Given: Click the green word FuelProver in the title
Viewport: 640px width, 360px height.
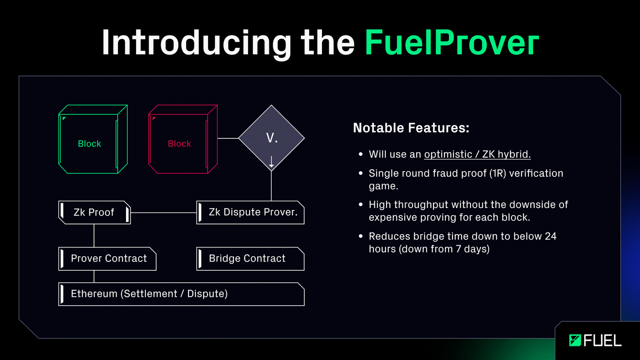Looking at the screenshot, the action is [452, 42].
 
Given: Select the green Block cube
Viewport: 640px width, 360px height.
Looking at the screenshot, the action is [93, 139].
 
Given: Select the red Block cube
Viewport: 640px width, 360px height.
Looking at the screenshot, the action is [183, 139].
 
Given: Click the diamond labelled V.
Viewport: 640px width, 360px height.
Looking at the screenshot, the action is [272, 138].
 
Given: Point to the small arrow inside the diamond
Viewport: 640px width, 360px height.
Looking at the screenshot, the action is [272, 162].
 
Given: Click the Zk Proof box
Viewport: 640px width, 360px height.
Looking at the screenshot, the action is [94, 212].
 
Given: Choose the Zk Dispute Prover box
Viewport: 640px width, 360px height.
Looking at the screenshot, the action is [250, 212].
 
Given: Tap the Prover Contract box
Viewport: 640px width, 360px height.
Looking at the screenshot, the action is [108, 259].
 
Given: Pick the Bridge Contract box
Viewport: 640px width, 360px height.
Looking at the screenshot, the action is [250, 259].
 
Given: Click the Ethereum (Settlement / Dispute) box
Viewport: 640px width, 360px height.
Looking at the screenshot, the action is [182, 294].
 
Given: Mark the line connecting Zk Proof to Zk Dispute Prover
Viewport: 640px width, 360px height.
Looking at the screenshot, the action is [164, 212].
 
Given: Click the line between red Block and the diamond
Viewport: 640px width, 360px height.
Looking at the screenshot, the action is [228, 138].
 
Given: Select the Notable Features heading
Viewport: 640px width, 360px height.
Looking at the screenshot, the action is [411, 128].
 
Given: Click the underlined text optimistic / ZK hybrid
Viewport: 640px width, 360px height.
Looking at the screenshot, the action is [478, 154].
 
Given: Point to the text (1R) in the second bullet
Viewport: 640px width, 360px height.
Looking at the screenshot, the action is [498, 173].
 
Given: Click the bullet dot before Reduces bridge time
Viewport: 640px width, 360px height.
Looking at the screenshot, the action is [360, 236].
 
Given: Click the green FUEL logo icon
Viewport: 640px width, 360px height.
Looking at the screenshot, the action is [575, 340].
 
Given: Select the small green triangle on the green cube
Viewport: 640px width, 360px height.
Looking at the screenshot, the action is [64, 118].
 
